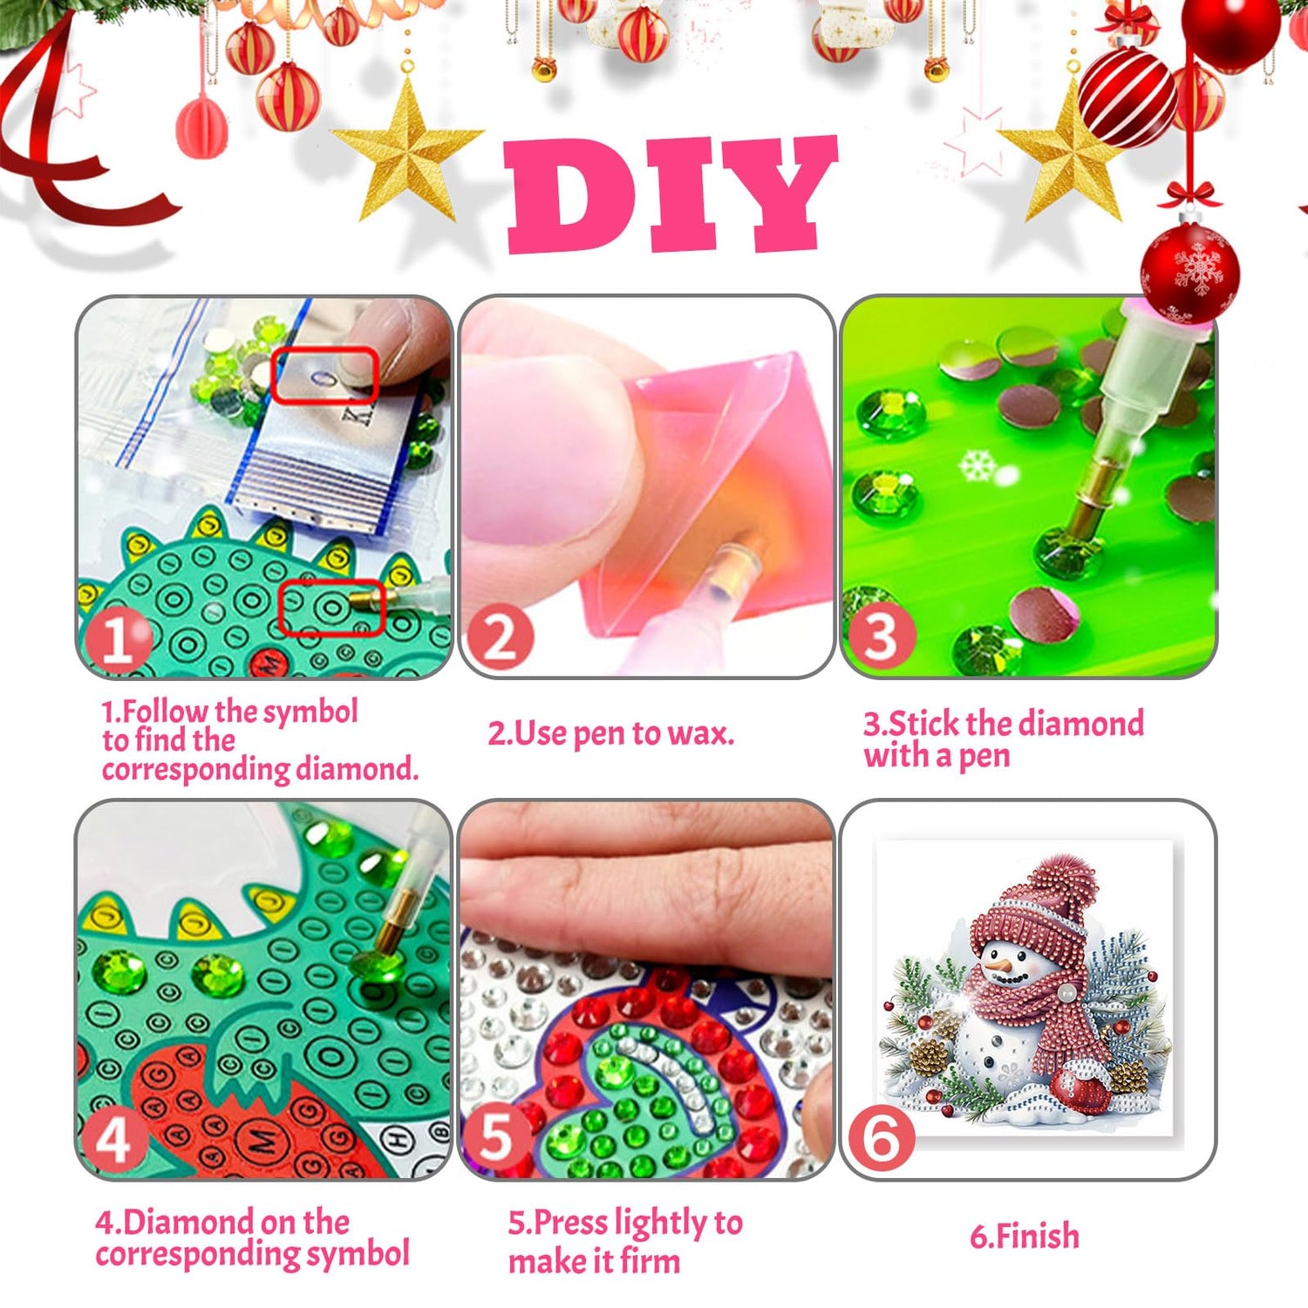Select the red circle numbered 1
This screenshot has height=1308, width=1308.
[116, 640]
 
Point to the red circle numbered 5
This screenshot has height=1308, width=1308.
[496, 1136]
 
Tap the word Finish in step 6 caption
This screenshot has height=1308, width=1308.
[1037, 1236]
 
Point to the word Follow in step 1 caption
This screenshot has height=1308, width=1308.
[166, 711]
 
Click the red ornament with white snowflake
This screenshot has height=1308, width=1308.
[1189, 272]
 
